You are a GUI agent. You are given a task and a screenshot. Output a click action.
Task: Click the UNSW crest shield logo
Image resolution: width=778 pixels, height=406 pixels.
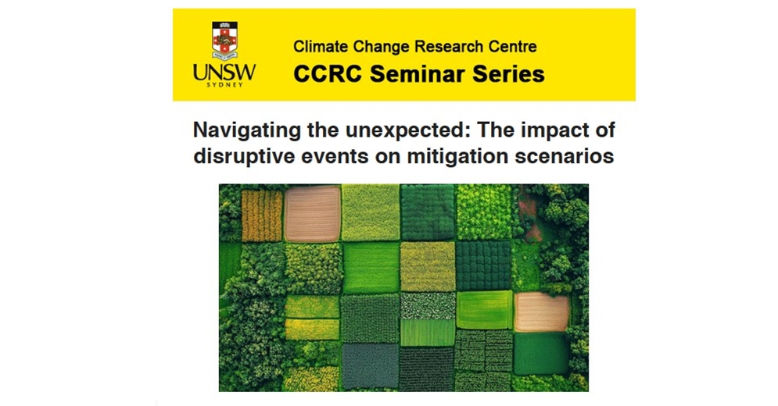click(224, 40)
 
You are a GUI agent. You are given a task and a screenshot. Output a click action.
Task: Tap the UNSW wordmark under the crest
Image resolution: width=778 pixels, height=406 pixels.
click(224, 73)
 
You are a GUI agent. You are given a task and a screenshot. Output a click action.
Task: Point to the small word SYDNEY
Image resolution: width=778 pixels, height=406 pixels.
click(224, 85)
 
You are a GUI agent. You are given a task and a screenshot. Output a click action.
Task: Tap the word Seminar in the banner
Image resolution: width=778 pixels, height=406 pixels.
click(418, 74)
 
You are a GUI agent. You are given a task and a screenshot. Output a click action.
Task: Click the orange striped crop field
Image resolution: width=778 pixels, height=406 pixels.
click(262, 215)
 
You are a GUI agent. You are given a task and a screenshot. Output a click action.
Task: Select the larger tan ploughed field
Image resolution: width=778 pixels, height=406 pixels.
click(313, 214)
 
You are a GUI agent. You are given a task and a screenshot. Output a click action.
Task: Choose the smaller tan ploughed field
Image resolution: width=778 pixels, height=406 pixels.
click(541, 312)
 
